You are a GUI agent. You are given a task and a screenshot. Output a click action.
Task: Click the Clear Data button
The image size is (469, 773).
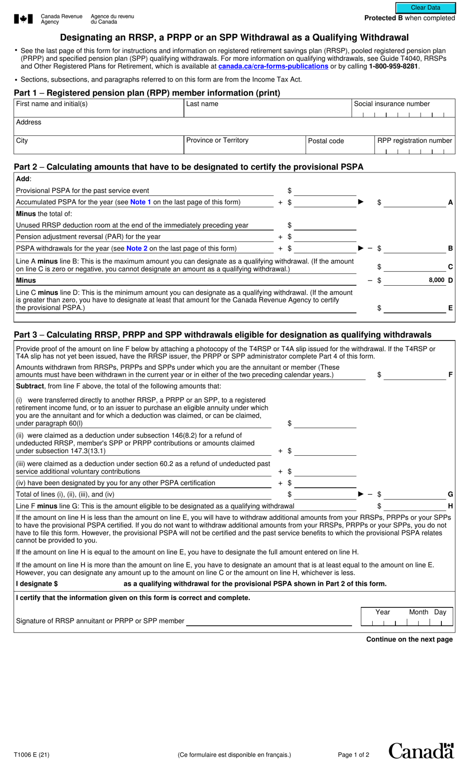pos(425,7)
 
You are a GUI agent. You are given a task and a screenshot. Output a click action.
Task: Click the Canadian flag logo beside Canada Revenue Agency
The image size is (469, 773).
pos(23,19)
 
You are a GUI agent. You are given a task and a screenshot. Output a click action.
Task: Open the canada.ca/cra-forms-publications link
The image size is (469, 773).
pos(273,66)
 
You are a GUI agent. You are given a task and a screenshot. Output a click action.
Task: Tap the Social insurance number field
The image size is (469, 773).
pos(403,113)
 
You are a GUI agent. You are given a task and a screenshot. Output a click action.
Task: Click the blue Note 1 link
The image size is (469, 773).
pos(141,202)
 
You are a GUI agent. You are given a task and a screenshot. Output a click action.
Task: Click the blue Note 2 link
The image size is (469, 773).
pos(137,249)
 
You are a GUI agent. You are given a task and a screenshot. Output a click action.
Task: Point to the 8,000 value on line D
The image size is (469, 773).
pos(436,280)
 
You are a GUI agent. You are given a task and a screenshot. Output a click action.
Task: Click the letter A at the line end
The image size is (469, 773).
pos(450,203)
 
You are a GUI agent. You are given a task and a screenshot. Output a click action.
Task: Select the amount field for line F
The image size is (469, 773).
pos(415,375)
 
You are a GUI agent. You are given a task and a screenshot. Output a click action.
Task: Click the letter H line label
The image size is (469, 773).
pos(450,506)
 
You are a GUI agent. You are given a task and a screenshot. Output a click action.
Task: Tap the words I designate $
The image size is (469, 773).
pos(37,584)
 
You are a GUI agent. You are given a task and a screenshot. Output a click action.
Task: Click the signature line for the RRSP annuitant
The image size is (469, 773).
pos(269,621)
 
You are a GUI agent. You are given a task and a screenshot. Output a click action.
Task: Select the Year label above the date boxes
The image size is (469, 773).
pos(383,612)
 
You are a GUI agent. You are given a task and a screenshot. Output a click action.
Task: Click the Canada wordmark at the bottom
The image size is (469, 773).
pos(421,751)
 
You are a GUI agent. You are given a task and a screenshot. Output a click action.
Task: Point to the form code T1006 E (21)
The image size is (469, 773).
pos(32,755)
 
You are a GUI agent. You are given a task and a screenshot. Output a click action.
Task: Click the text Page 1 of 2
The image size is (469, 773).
pos(353,755)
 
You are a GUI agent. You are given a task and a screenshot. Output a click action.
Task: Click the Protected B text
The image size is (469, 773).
pos(384,18)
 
